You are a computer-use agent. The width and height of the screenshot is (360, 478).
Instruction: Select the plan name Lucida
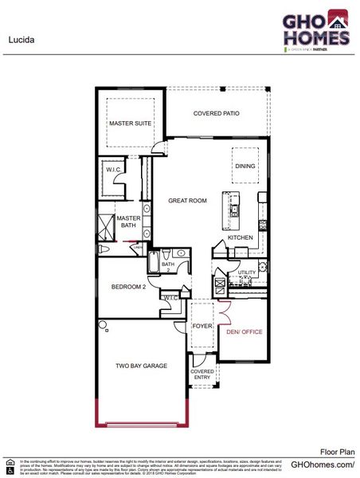pos(22,37)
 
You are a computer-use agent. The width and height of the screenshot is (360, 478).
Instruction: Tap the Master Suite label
pos(130,123)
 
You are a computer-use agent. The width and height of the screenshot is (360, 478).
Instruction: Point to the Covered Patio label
pos(216,113)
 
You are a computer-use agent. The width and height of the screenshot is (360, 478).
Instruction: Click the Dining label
pos(245,166)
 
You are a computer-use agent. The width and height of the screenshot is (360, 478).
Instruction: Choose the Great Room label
pos(188,201)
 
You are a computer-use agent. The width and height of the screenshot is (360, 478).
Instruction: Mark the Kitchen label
pos(241,237)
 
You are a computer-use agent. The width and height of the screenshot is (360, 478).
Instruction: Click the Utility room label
pos(247,272)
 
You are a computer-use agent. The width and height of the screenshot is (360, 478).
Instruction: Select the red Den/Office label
pos(245,331)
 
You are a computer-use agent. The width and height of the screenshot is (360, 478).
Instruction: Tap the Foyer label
pos(202,327)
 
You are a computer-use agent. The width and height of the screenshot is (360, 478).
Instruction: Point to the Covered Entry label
pos(202,375)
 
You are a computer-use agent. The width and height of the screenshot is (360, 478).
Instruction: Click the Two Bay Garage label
pos(140,366)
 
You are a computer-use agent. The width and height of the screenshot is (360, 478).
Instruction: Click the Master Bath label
pos(128,221)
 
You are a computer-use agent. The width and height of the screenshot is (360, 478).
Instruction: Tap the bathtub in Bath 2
pos(168,264)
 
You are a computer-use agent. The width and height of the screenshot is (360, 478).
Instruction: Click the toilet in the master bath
pos(104,250)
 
